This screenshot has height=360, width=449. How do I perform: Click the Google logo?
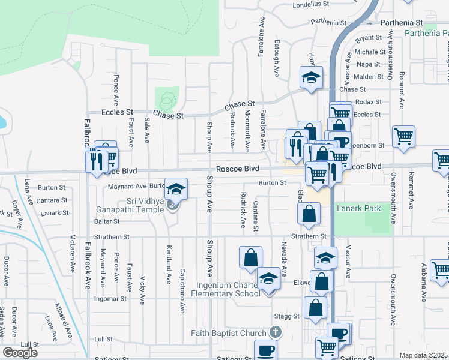point(20,352)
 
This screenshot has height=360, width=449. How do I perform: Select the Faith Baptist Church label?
point(229,333)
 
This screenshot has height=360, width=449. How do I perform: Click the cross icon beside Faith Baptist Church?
point(275,332)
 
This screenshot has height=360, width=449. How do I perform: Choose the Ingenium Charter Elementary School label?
point(225,288)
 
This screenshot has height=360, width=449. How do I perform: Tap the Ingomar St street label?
point(110,298)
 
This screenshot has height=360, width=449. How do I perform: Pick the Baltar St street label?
point(107,221)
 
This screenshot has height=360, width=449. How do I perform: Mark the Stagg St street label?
point(287,316)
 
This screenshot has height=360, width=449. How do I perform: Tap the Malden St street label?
point(369,77)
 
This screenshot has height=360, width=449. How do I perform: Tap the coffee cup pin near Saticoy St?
point(265,350)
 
